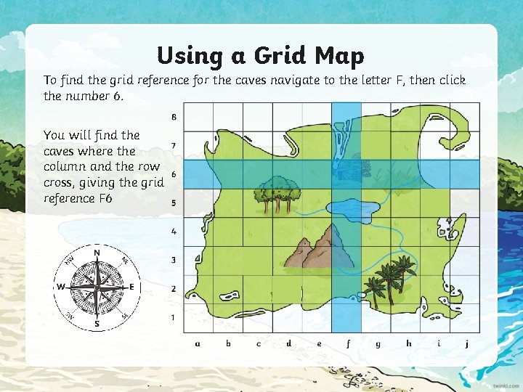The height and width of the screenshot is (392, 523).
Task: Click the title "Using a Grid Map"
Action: coord(261,55)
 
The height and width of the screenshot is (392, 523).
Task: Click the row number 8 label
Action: coord(174,117)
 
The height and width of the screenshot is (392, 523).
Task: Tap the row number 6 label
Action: coord(174,174)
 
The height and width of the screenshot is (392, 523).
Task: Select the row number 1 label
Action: coord(174,317)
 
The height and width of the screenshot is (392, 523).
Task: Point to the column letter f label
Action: coord(348,343)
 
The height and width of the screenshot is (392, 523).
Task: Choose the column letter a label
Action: coord(198,343)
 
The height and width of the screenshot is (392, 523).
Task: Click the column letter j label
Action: coord(467,343)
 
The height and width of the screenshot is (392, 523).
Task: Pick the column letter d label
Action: coord(288,343)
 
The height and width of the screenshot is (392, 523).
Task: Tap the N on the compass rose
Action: coord(97,253)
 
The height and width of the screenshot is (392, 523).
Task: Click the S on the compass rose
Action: coord(97,324)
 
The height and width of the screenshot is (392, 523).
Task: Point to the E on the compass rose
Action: coord(132,287)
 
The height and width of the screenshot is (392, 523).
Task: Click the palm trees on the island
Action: coord(385,279)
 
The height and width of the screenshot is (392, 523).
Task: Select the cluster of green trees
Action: coord(277,189)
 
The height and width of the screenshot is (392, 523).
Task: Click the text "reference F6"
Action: coord(78,198)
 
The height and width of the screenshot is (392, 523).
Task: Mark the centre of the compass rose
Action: coord(97,287)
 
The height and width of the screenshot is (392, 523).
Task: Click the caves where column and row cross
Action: coord(347,173)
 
